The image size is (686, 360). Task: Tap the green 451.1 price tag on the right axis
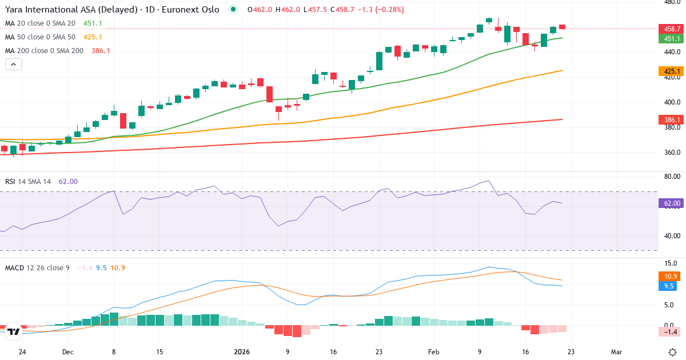(x=672, y=39)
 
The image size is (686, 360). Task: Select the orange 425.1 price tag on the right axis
(x=672, y=71)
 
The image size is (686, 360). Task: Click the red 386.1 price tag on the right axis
(x=672, y=120)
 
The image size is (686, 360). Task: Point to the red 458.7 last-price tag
(x=672, y=29)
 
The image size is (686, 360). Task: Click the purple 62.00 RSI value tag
(x=672, y=203)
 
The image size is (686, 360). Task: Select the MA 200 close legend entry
(x=44, y=51)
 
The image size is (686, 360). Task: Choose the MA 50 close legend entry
(x=40, y=37)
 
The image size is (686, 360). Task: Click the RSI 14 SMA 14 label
(x=28, y=182)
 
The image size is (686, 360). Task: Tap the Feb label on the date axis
(x=433, y=352)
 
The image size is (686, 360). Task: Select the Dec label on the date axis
(x=68, y=352)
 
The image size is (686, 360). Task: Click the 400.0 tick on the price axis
(x=671, y=102)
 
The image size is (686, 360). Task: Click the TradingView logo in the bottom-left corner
(x=14, y=331)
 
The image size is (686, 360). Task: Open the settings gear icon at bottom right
(x=672, y=352)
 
